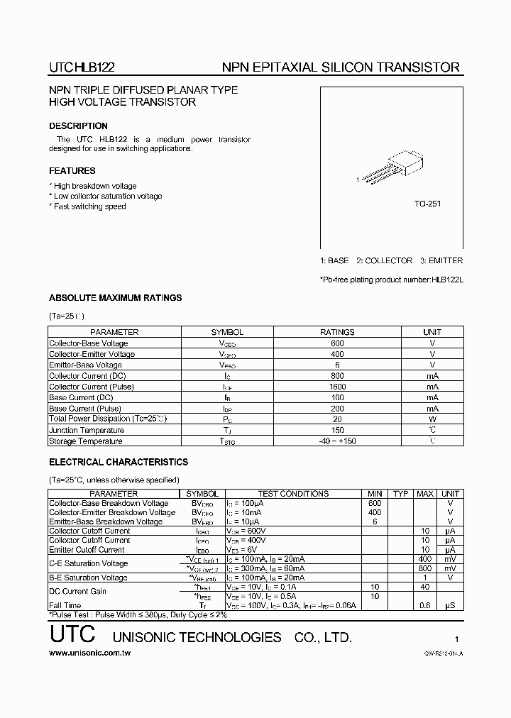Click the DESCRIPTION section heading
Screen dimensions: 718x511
pos(78,126)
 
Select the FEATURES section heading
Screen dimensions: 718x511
pos(72,171)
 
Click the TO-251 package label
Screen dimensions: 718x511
pos(427,204)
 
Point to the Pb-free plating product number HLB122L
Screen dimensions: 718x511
pos(446,279)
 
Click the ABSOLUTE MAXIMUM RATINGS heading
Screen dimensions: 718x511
pos(115,298)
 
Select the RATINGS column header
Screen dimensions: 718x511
pos(337,332)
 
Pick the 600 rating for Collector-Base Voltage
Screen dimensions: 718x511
pos(337,343)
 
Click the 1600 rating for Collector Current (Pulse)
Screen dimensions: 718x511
pos(337,387)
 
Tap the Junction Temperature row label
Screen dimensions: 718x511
pos(87,430)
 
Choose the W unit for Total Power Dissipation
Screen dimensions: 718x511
pos(432,419)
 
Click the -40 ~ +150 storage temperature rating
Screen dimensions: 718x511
pos(337,441)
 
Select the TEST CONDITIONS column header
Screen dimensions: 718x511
pos(293,494)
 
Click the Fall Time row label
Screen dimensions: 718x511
pos(65,605)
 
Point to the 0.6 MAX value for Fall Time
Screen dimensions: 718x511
pos(425,605)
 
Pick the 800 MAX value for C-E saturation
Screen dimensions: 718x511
pos(425,568)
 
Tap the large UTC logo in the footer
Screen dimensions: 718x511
pos(72,636)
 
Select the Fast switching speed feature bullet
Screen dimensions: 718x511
pos(89,206)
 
